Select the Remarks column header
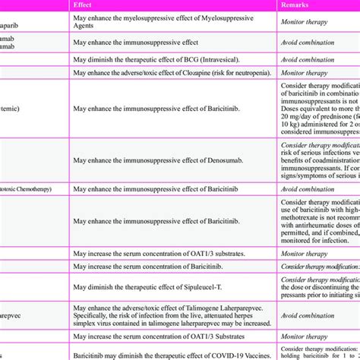(x=298, y=5)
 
